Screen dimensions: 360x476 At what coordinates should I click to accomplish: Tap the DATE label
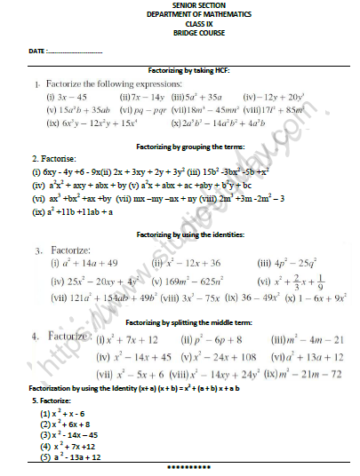coord(35,52)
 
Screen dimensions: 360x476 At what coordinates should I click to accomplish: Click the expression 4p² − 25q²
coord(286,263)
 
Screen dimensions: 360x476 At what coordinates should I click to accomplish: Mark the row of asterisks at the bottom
coord(186,466)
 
